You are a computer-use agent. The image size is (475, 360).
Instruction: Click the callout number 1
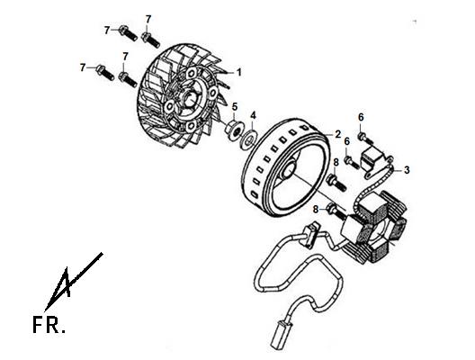pyautogui.click(x=239, y=72)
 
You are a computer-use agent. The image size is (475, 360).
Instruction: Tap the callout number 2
pyautogui.click(x=338, y=134)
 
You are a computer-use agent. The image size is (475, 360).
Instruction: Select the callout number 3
pyautogui.click(x=407, y=170)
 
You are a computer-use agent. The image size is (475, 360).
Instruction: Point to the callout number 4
pyautogui.click(x=254, y=115)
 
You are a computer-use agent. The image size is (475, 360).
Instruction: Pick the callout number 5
pyautogui.click(x=235, y=106)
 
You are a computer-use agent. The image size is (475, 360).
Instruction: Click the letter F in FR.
pyautogui.click(x=39, y=325)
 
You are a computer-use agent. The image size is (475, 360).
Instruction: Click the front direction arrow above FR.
pyautogui.click(x=73, y=282)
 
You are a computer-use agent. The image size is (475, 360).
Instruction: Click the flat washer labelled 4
pyautogui.click(x=248, y=139)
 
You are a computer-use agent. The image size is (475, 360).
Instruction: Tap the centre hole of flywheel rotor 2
pyautogui.click(x=290, y=170)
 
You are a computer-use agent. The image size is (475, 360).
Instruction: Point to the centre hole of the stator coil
pyautogui.click(x=382, y=232)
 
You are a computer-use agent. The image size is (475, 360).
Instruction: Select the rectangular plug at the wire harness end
pyautogui.click(x=280, y=335)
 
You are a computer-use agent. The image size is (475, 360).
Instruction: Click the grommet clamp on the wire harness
pyautogui.click(x=310, y=235)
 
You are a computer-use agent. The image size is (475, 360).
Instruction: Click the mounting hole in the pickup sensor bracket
pyautogui.click(x=368, y=175)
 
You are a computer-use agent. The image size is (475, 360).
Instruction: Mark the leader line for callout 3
pyautogui.click(x=398, y=170)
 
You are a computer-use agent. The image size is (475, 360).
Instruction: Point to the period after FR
pyautogui.click(x=63, y=331)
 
